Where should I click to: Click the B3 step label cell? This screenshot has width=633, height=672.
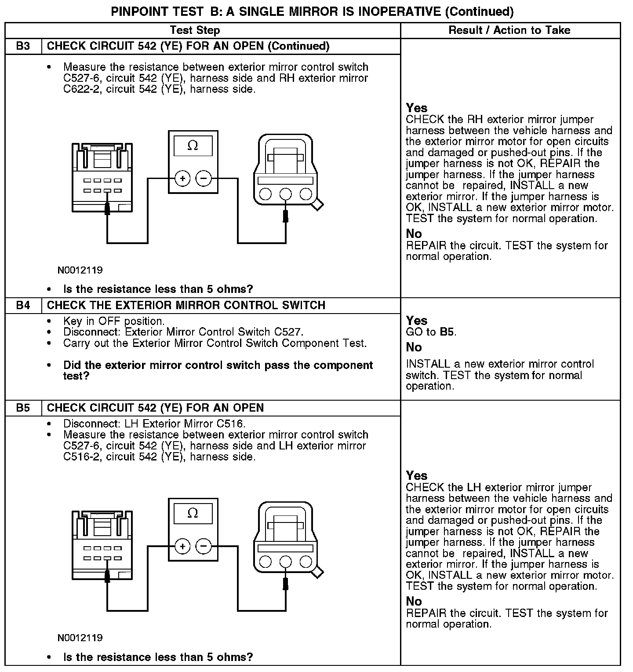(x=23, y=46)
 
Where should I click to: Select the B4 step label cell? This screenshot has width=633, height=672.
(x=23, y=305)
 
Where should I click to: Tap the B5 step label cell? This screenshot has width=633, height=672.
(x=23, y=408)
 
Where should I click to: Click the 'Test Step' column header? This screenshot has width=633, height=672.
(x=195, y=30)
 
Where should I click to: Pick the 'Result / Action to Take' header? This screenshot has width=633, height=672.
(x=509, y=30)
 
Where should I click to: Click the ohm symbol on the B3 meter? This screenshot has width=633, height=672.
(x=193, y=146)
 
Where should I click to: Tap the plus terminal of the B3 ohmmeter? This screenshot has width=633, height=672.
(x=182, y=179)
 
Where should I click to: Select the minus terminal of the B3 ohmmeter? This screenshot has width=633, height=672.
(x=204, y=179)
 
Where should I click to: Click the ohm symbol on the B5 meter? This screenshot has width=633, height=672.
(x=193, y=513)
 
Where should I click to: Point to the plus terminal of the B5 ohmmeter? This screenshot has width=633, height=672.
(x=182, y=547)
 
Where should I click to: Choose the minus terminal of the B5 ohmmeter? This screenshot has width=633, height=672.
(x=204, y=547)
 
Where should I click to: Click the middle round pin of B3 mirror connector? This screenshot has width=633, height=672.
(x=286, y=194)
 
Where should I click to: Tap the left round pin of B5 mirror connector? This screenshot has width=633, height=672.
(x=266, y=562)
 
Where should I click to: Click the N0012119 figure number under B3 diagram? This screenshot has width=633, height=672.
(x=80, y=270)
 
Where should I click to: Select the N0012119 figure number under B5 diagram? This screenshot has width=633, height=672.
(x=80, y=638)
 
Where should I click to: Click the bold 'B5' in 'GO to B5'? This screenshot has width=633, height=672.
(x=447, y=332)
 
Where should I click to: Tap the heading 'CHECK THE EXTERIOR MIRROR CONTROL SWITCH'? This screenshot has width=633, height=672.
(x=186, y=305)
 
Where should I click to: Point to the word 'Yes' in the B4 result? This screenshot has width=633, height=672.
(x=416, y=321)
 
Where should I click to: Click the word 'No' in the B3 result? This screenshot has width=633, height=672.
(x=414, y=234)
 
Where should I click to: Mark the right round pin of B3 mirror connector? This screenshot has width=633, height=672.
(x=306, y=194)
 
